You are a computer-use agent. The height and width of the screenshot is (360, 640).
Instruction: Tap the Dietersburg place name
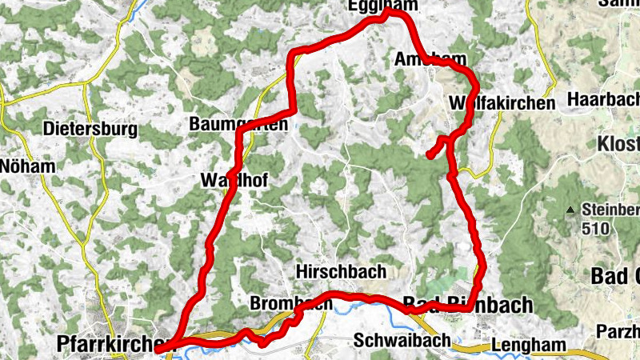click(90, 129)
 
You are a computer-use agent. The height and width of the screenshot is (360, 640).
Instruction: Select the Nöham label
click(28, 167)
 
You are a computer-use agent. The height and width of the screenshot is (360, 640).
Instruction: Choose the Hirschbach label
click(342, 270)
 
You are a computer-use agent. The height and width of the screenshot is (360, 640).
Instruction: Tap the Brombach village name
click(290, 304)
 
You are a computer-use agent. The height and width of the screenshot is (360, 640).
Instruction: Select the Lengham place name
click(534, 346)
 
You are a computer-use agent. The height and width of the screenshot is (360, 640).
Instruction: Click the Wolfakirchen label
click(502, 103)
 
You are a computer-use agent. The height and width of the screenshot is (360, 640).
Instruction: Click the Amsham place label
click(431, 59)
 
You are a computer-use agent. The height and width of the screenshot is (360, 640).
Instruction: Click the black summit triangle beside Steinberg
click(570, 211)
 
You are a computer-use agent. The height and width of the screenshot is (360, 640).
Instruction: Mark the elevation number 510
click(595, 229)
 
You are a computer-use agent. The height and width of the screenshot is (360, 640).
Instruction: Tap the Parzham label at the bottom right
click(617, 330)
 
